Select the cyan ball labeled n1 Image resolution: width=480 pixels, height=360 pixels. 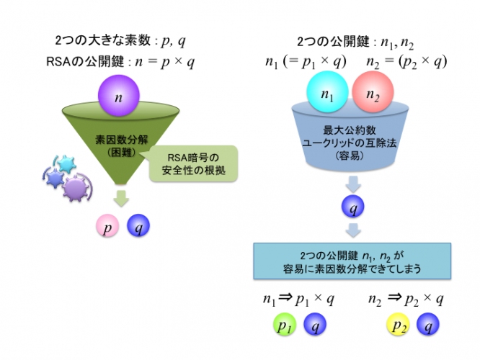(x=328, y=96)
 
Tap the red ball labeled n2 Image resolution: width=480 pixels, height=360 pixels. (x=373, y=96)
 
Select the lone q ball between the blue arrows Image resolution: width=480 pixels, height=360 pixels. (x=352, y=209)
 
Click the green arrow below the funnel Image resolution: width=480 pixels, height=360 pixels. (x=122, y=199)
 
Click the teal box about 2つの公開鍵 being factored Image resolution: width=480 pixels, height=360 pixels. (x=352, y=261)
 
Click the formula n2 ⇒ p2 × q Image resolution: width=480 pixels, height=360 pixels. (x=405, y=298)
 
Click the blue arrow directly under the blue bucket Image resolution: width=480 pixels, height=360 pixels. (x=352, y=184)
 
